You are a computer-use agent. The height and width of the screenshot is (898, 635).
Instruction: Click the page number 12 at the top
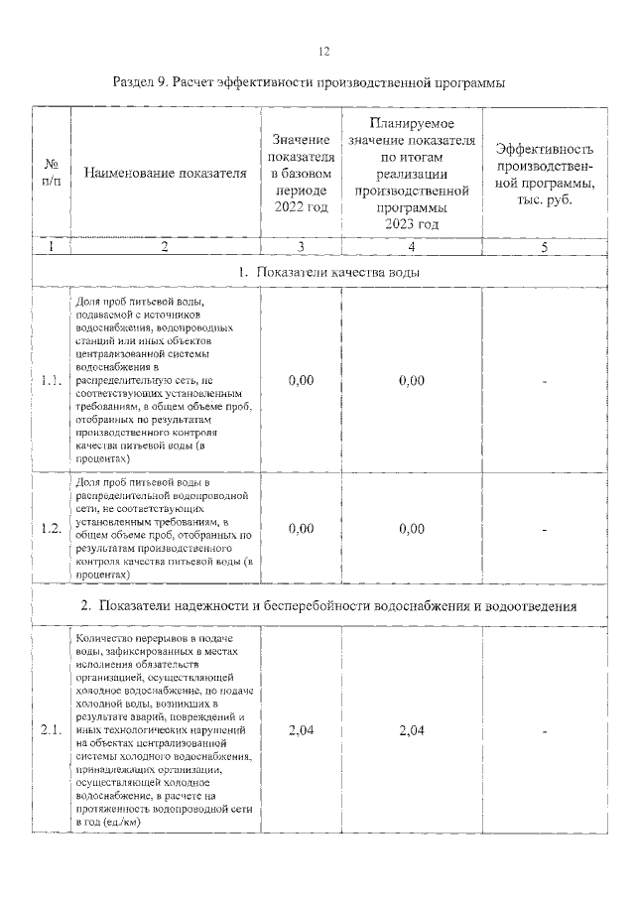tap(323, 52)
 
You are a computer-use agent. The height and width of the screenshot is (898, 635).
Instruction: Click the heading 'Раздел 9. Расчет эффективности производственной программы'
tap(310, 83)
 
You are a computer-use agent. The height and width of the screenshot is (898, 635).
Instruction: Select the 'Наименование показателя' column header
tap(165, 174)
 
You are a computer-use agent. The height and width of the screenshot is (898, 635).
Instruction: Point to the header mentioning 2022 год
tap(301, 174)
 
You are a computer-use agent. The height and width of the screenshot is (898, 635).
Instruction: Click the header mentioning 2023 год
tap(411, 174)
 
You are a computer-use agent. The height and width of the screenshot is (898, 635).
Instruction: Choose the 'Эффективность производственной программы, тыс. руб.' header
tap(545, 174)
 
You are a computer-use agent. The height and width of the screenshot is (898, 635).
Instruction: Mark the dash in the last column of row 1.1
tap(545, 380)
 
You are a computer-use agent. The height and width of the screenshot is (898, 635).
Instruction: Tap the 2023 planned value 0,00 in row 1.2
tap(411, 529)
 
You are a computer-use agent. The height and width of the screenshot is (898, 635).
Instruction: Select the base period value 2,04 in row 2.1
tap(301, 731)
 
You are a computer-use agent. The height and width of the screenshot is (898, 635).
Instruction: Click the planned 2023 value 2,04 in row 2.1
tap(411, 731)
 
